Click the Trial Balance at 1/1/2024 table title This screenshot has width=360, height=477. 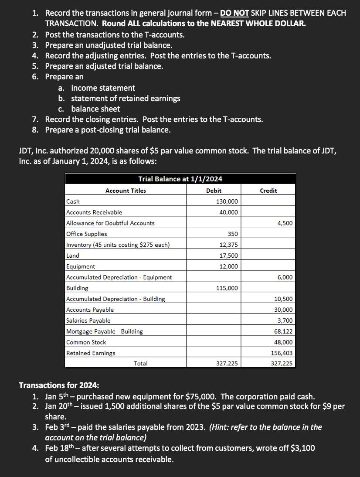(180, 179)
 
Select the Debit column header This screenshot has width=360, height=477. (214, 191)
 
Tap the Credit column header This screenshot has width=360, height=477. (268, 191)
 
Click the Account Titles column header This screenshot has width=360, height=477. (126, 191)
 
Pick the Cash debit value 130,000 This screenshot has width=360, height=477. (227, 201)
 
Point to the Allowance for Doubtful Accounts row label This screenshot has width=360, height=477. (110, 223)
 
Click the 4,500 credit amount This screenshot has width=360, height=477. (285, 223)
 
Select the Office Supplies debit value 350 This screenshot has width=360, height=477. (233, 234)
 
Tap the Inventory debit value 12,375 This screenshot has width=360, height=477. (228, 245)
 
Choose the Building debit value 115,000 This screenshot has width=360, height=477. (227, 288)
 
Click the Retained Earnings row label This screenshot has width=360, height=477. (91, 353)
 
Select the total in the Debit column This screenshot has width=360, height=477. (227, 363)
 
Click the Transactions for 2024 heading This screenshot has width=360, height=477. (59, 385)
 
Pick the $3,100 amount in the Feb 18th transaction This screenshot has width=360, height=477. (300, 448)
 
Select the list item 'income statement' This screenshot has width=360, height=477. (103, 88)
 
